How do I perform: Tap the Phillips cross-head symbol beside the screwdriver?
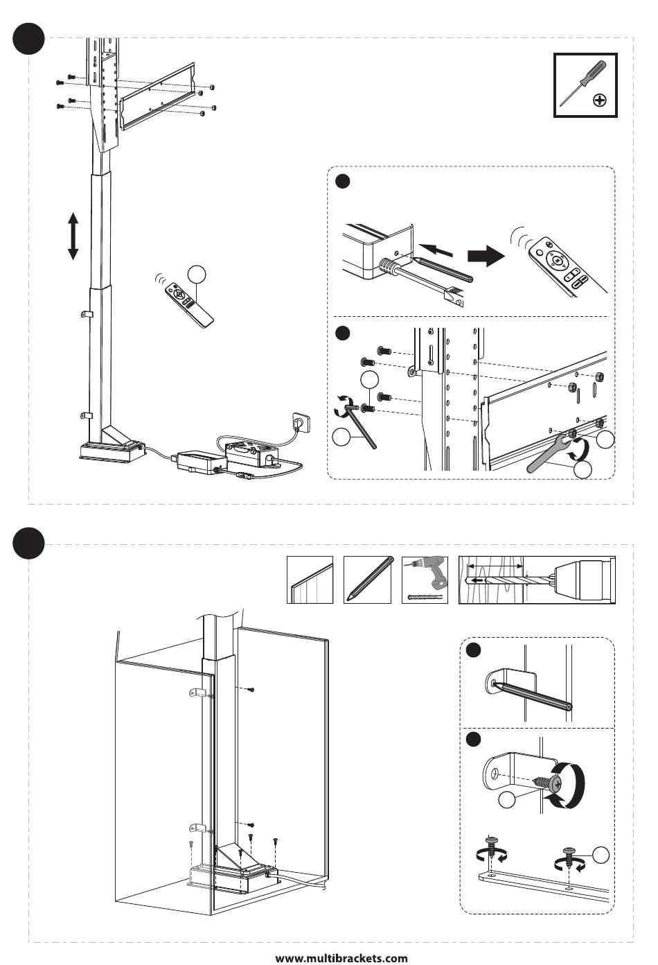point(600,101)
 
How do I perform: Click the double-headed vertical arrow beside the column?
point(73,236)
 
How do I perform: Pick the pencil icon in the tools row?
point(368,580)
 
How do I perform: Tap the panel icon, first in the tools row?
point(310,580)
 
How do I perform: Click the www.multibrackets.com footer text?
point(341,958)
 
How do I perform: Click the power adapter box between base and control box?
point(199,460)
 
